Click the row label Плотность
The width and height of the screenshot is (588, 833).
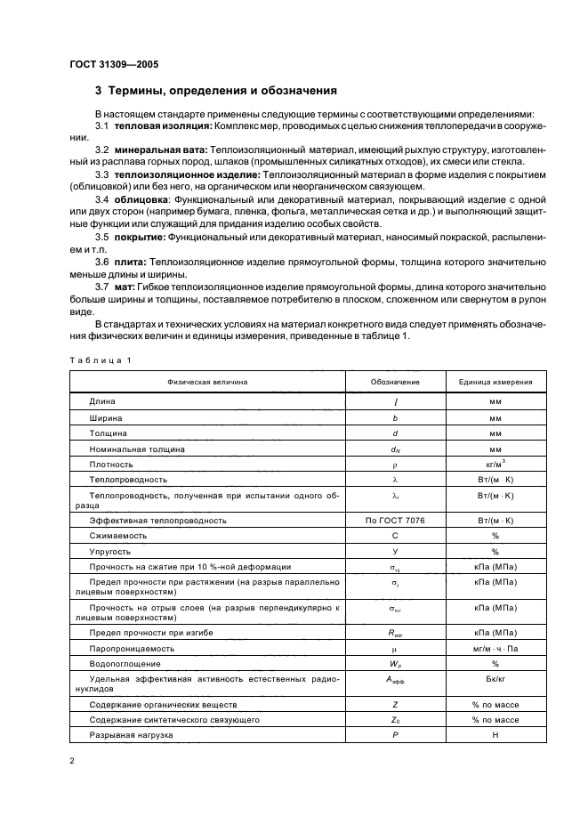(111, 464)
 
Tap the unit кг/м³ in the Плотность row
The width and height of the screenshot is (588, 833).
(495, 464)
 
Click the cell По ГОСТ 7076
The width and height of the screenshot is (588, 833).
(395, 520)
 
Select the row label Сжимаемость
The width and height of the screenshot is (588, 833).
(117, 536)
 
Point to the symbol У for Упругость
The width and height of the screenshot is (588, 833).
(395, 552)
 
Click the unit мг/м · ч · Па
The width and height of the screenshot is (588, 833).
(495, 648)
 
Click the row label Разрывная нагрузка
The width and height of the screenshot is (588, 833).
(131, 735)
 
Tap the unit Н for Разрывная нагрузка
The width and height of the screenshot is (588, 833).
(495, 735)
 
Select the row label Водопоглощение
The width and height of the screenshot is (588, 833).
(125, 664)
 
